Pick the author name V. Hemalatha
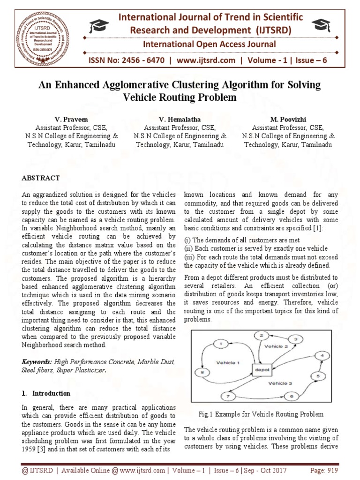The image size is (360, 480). click(180, 119)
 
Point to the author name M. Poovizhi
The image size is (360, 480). click(288, 119)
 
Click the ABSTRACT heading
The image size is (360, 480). click(41, 178)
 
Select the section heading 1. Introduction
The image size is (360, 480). click(46, 393)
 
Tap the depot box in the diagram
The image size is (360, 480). click(261, 370)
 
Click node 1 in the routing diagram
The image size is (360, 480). click(220, 345)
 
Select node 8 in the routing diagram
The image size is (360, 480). click(202, 373)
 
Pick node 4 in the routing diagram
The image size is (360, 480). click(322, 356)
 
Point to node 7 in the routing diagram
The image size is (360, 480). click(228, 396)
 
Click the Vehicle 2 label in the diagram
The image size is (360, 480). click(277, 346)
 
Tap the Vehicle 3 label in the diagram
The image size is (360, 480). click(279, 383)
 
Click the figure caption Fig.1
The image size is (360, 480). click(261, 414)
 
